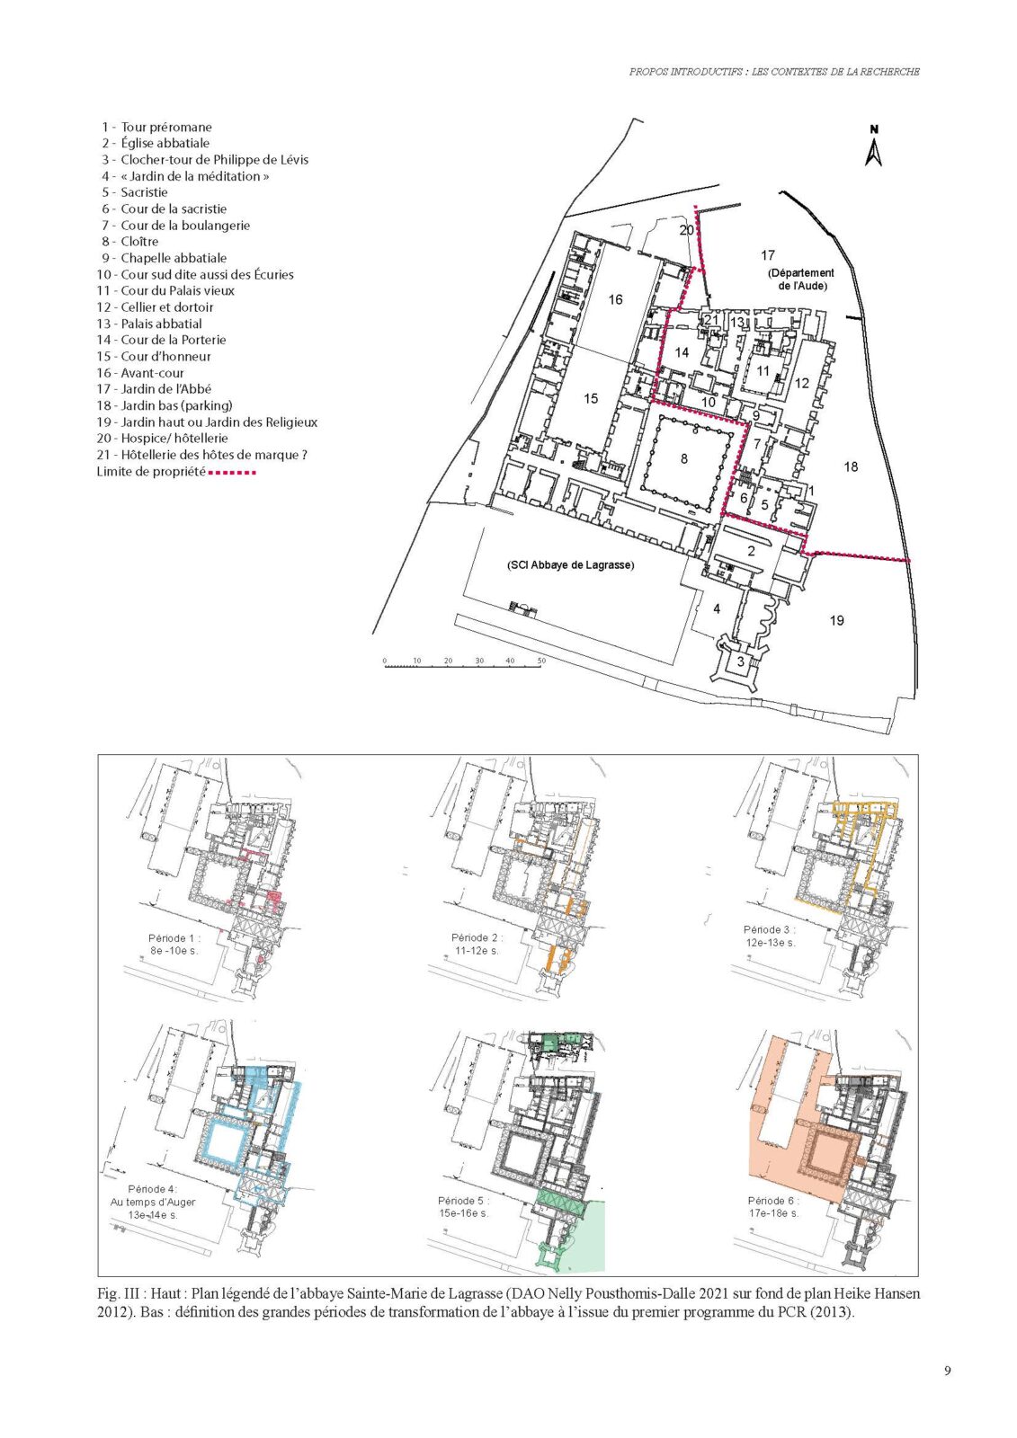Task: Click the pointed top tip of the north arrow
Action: [874, 140]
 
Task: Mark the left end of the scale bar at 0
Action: [385, 666]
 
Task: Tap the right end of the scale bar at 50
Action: [541, 666]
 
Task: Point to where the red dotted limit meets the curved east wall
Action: [910, 561]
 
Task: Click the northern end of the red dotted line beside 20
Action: [694, 208]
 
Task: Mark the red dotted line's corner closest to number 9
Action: [749, 424]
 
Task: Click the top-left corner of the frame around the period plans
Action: [98, 754]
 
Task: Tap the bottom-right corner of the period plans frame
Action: [918, 1276]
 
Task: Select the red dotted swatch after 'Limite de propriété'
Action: [232, 473]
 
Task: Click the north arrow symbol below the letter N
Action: [874, 152]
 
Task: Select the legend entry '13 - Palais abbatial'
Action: [149, 324]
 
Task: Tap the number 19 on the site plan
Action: [836, 620]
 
